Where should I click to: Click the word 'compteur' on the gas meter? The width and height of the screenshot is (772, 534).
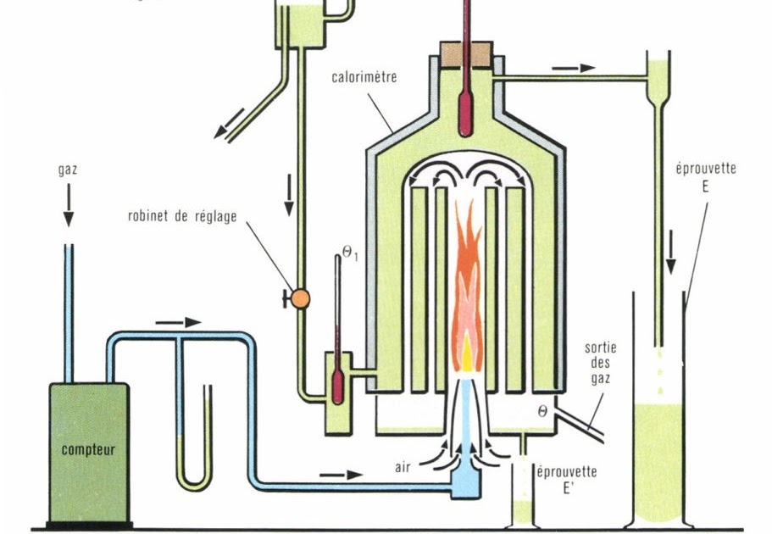(88, 449)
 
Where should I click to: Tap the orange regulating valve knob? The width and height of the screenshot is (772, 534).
(300, 298)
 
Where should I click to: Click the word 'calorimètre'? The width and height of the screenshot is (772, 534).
(365, 76)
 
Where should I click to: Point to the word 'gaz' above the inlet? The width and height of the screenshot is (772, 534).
(68, 169)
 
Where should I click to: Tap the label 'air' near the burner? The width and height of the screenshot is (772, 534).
(403, 467)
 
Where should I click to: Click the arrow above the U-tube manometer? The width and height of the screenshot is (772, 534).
(179, 322)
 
